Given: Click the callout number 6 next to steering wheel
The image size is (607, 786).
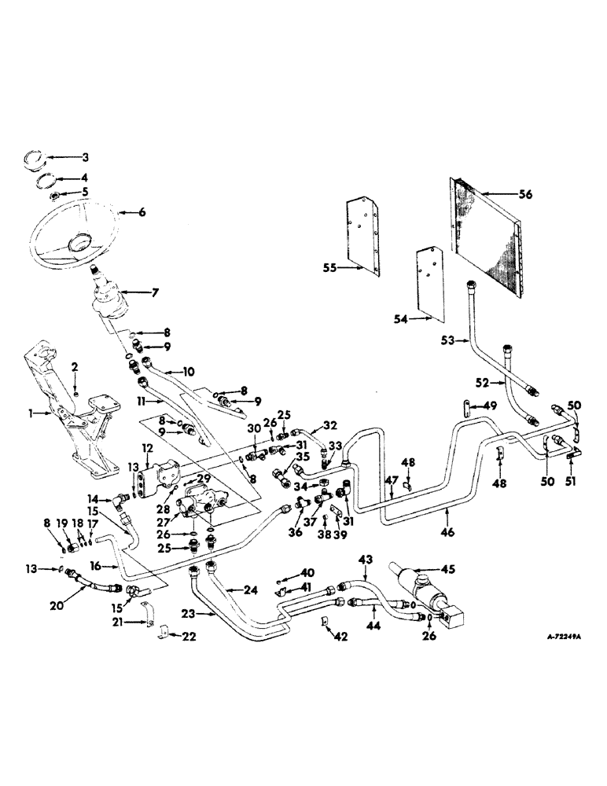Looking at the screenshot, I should (142, 212).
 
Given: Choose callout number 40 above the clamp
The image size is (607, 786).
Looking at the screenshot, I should (307, 572).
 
